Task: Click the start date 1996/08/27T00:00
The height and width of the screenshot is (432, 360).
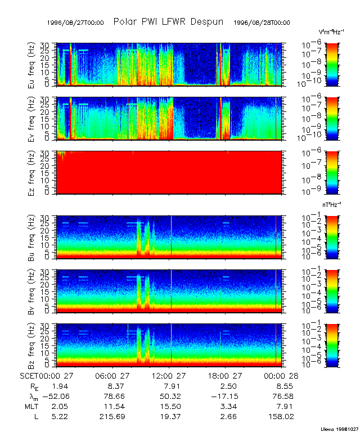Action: pyautogui.click(x=76, y=22)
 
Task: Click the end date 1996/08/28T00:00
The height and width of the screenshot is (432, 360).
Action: pyautogui.click(x=262, y=22)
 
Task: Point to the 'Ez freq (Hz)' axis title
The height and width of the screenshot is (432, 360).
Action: pyautogui.click(x=32, y=172)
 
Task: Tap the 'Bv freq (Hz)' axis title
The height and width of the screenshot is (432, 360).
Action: pyautogui.click(x=32, y=290)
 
